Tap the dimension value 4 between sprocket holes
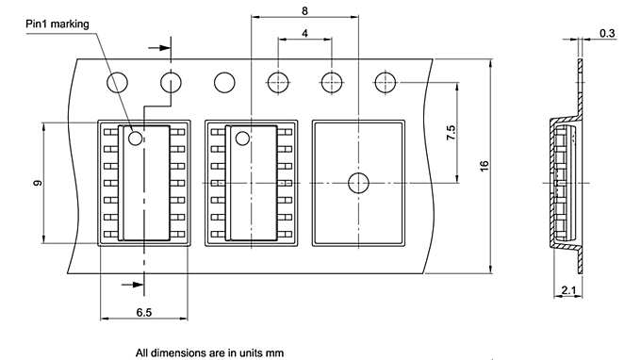click(x=304, y=33)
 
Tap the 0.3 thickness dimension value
click(x=607, y=33)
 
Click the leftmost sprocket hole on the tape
click(x=117, y=83)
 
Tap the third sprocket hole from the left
click(x=225, y=83)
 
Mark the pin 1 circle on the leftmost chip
click(x=136, y=139)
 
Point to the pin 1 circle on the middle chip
click(x=242, y=139)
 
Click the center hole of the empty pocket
click(x=358, y=183)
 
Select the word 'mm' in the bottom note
click(x=272, y=352)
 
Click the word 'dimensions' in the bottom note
click(x=181, y=352)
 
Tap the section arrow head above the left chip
click(x=167, y=44)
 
